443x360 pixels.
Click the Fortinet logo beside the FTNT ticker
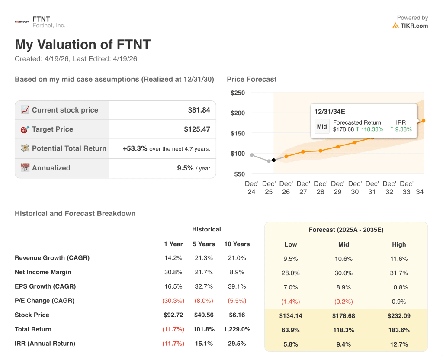pyautogui.click(x=22, y=22)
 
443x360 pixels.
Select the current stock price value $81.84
pyautogui.click(x=199, y=110)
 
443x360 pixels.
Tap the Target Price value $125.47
pyautogui.click(x=197, y=129)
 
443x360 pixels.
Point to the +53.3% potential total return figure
pyautogui.click(x=135, y=148)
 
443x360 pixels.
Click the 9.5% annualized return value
pyautogui.click(x=185, y=168)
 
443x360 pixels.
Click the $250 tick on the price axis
pyautogui.click(x=238, y=93)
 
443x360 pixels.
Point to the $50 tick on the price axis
pyautogui.click(x=239, y=174)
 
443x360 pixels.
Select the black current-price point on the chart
pyautogui.click(x=273, y=160)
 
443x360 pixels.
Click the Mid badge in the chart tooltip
pyautogui.click(x=322, y=126)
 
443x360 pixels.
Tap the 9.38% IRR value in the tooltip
pyautogui.click(x=403, y=129)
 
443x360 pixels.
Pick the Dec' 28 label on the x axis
pyautogui.click(x=320, y=187)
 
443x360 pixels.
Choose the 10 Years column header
pyautogui.click(x=237, y=244)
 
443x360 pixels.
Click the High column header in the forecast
pyautogui.click(x=399, y=244)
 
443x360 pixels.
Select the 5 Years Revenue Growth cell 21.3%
pyautogui.click(x=203, y=258)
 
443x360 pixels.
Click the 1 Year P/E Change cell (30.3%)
pyautogui.click(x=173, y=301)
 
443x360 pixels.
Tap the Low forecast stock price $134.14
pyautogui.click(x=291, y=316)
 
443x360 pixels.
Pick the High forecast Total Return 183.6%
pyautogui.click(x=399, y=330)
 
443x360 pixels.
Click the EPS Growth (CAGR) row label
pyautogui.click(x=45, y=286)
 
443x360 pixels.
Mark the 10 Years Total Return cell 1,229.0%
pyautogui.click(x=237, y=329)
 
